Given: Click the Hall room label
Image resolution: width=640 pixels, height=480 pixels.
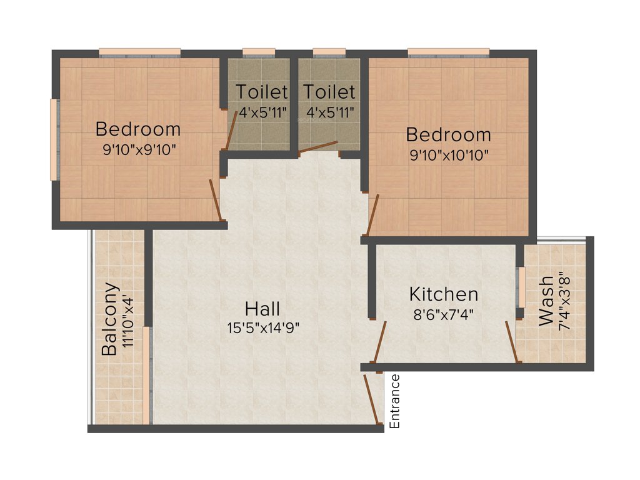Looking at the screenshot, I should pos(262,308).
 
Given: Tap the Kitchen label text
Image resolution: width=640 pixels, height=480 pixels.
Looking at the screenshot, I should pos(444,294).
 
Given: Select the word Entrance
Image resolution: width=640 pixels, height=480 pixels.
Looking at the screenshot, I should pos(394,401).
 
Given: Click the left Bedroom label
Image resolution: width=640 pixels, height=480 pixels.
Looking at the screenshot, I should pos(138,129).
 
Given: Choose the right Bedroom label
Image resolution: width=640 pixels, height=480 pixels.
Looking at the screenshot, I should pos(449,134).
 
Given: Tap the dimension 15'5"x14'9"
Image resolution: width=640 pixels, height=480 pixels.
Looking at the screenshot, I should pos(264,327).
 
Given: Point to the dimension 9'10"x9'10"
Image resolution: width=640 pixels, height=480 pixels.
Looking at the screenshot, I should pos(138,149).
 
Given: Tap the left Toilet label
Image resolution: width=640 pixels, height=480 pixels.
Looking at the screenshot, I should pos(262,92).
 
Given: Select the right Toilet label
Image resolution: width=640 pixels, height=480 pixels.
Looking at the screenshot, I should pos(329,92).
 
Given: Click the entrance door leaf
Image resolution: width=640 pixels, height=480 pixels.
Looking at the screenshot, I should pos(374,400).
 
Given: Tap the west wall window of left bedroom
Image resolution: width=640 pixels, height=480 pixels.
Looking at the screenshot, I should pos(54,139).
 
